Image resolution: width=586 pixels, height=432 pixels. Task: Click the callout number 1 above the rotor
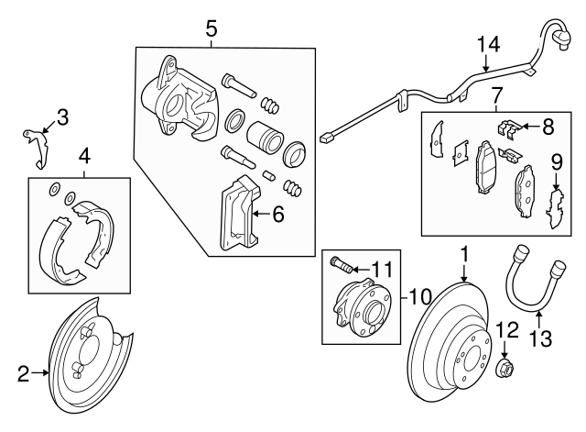(464, 252)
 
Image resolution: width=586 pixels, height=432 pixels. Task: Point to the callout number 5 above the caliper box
(212, 28)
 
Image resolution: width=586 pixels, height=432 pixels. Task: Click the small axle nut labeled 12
(505, 370)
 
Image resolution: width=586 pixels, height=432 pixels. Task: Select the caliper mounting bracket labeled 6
(240, 216)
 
